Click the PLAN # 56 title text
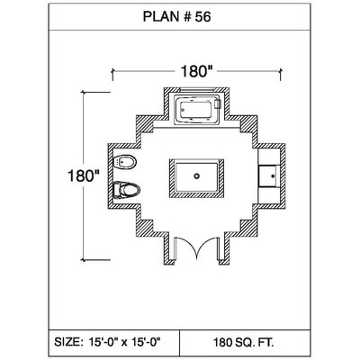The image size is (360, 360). pyautogui.click(x=176, y=17)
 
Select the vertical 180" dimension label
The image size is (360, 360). pyautogui.click(x=84, y=175)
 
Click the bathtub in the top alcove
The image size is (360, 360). pyautogui.click(x=197, y=110)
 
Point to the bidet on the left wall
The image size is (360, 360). pyautogui.click(x=126, y=162)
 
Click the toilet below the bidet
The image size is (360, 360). pyautogui.click(x=127, y=190)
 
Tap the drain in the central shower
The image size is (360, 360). pyautogui.click(x=196, y=176)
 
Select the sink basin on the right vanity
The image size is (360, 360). pyautogui.click(x=269, y=175)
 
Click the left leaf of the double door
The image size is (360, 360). pyautogui.click(x=186, y=247)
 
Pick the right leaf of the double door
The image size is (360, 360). pyautogui.click(x=208, y=247)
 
